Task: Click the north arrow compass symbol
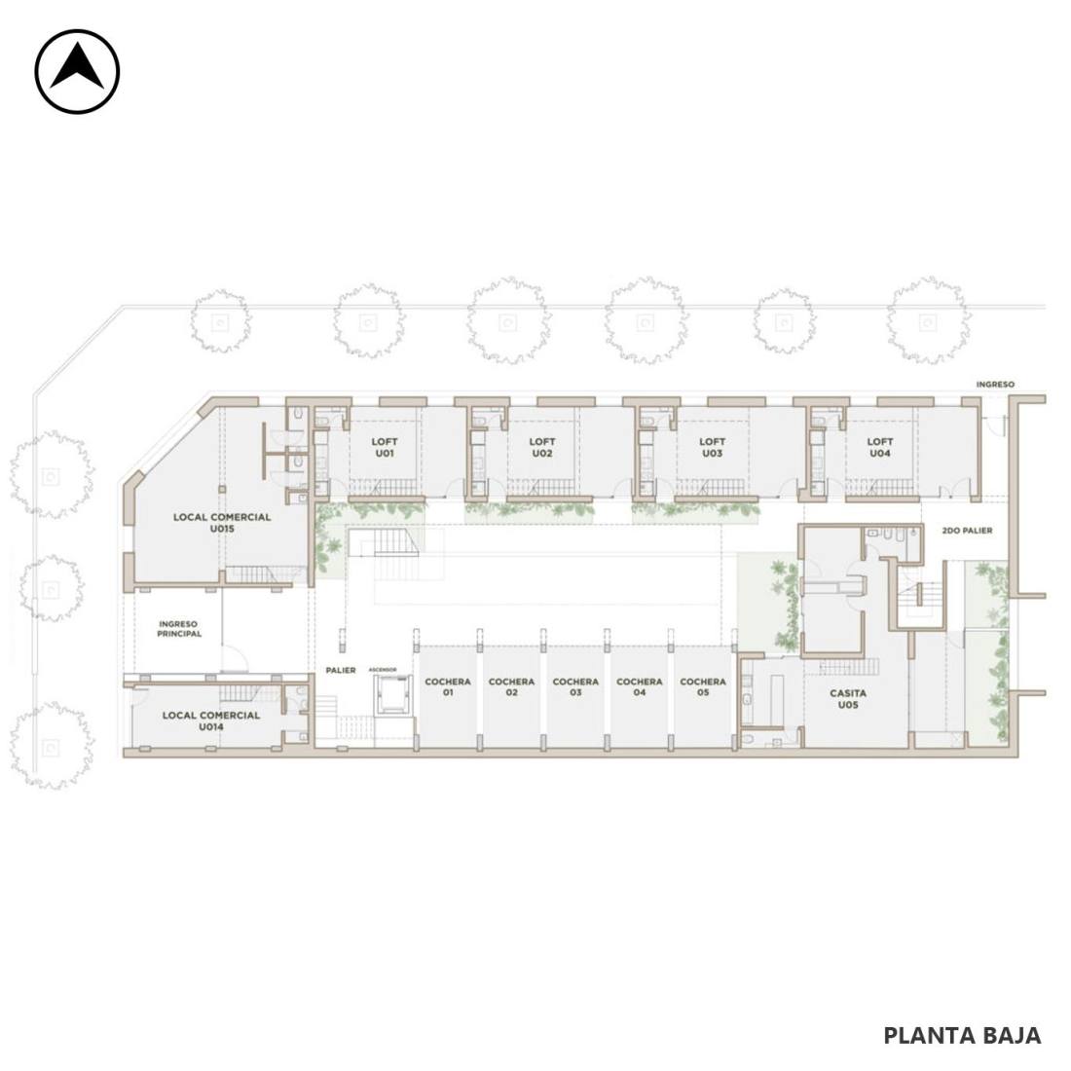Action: click(x=77, y=71)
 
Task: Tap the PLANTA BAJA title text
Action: click(x=962, y=1035)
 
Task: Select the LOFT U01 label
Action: click(x=385, y=448)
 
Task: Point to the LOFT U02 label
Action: click(x=541, y=448)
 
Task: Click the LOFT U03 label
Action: click(x=712, y=448)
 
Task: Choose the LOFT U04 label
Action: click(x=880, y=448)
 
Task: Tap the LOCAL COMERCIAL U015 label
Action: click(x=222, y=523)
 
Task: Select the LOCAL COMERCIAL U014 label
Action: click(x=211, y=720)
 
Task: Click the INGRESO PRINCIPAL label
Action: click(x=179, y=628)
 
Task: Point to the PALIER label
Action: click(x=340, y=670)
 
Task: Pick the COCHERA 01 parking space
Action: click(x=448, y=696)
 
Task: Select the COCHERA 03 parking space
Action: click(x=575, y=696)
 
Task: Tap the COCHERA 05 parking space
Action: click(x=703, y=696)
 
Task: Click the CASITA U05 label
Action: click(x=848, y=698)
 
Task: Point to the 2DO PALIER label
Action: click(x=967, y=530)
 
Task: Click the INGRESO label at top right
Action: click(x=995, y=385)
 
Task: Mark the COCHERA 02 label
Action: click(x=511, y=686)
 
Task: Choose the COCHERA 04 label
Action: click(x=640, y=686)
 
